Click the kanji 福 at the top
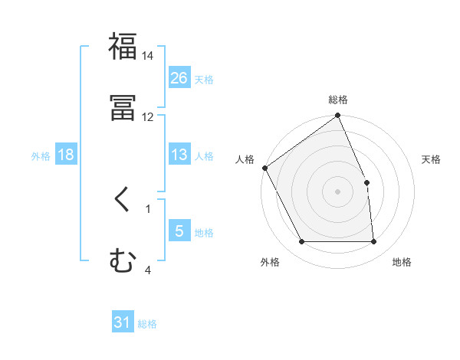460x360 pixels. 123,46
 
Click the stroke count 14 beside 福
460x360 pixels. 147,56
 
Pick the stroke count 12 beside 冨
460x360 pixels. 147,117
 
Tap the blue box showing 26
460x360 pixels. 179,78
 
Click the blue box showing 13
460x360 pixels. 179,155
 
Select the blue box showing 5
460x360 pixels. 179,231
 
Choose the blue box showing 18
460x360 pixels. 66,155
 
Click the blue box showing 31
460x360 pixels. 123,323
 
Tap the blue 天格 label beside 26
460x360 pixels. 204,79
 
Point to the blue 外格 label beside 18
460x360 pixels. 41,155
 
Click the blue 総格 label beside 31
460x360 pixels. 147,324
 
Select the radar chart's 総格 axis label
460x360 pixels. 338,100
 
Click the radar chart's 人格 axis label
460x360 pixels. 245,159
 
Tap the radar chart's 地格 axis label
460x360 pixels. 402,262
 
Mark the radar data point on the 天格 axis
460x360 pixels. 366,182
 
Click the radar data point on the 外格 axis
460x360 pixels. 302,242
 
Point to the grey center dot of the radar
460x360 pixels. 338,191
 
